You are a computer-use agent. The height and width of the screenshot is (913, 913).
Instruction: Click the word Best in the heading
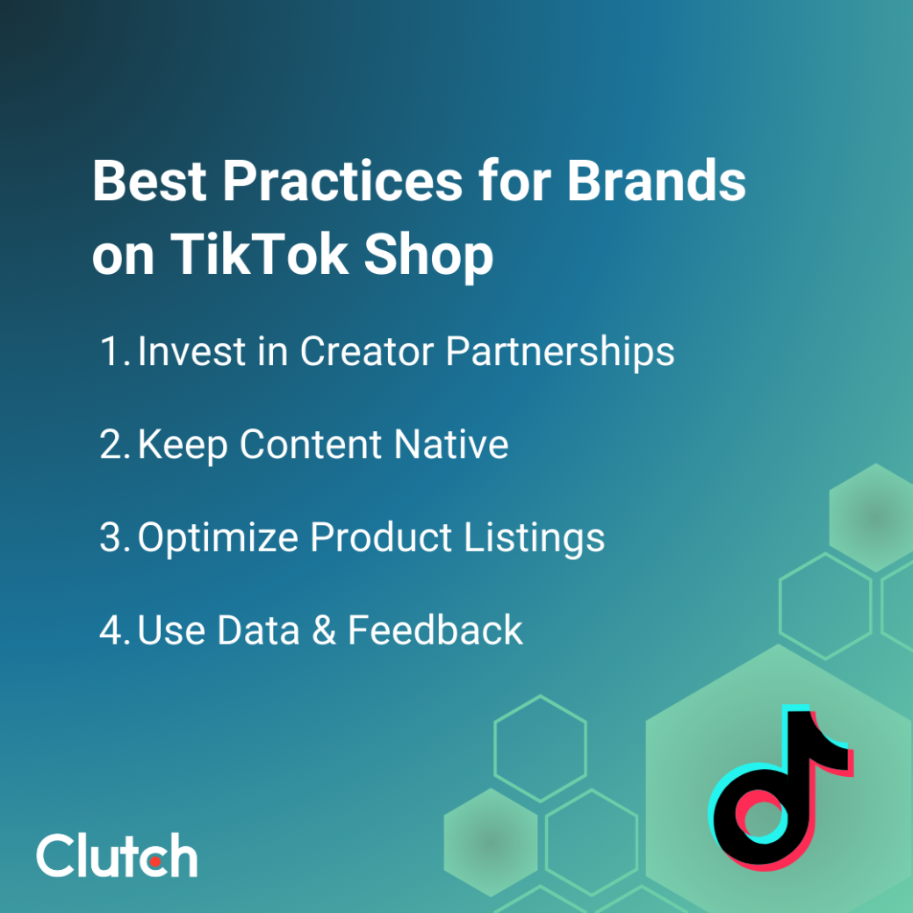click(148, 183)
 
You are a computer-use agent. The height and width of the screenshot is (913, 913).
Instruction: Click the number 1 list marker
click(111, 352)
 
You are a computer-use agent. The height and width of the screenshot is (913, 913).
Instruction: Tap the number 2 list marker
click(114, 445)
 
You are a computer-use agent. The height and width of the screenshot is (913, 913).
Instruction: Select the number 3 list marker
click(114, 538)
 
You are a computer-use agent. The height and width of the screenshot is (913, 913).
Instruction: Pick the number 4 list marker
click(114, 631)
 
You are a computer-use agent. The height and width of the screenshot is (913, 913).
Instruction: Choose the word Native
click(451, 445)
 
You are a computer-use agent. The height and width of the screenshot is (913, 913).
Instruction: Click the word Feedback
click(435, 631)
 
